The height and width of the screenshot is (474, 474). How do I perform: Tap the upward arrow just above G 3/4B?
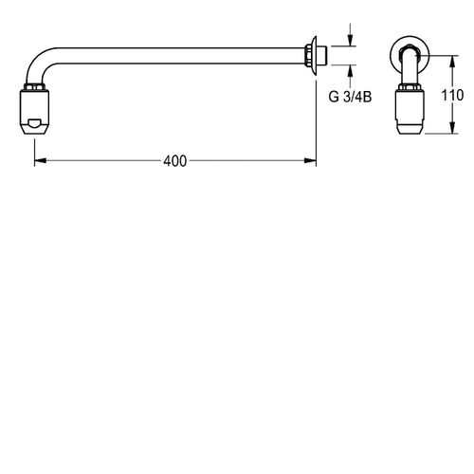point(352,69)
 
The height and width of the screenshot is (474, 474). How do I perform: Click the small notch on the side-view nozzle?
point(34,123)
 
